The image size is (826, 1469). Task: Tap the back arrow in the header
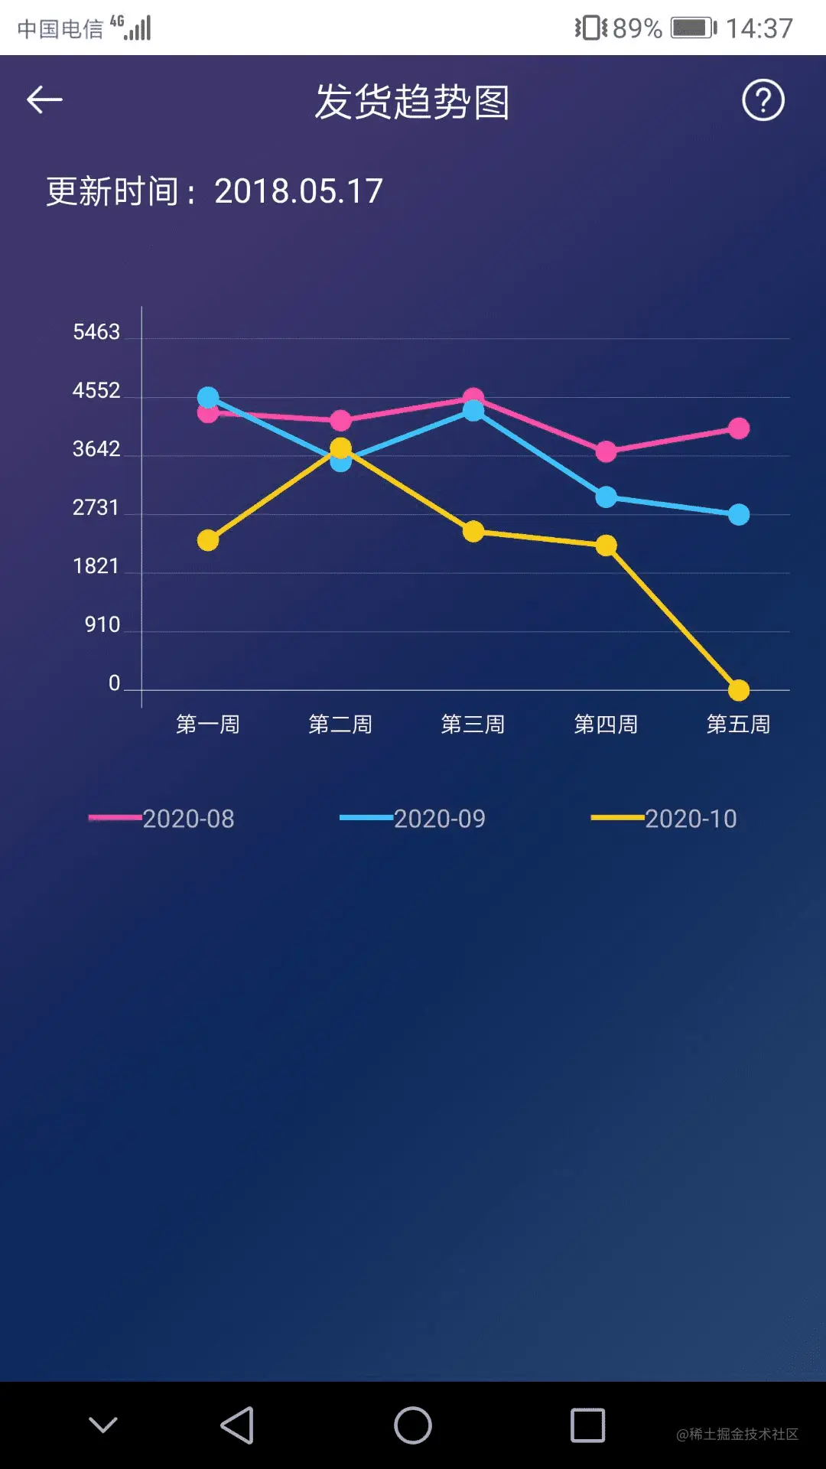[x=44, y=100]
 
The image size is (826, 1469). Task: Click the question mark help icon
[x=763, y=100]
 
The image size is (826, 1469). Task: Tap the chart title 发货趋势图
[x=412, y=102]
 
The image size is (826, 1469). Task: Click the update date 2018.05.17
[x=298, y=191]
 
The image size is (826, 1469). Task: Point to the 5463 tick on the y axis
[x=96, y=332]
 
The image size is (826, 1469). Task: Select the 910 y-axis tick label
[x=102, y=625]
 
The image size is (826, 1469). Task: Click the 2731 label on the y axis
[x=96, y=508]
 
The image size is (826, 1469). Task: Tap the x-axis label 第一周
[x=208, y=724]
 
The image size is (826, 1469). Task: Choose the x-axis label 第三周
[x=473, y=724]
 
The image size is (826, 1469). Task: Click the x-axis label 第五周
[x=738, y=724]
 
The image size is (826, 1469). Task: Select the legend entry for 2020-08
[x=162, y=819]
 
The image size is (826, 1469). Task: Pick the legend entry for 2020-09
[x=413, y=819]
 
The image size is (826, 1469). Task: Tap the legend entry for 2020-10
[x=664, y=819]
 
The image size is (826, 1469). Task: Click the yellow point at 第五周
[x=739, y=690]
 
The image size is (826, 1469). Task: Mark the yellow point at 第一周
[x=208, y=540]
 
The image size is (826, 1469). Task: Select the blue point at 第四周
[x=606, y=497]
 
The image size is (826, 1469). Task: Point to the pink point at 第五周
[x=739, y=428]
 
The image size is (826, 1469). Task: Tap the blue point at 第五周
[x=739, y=515]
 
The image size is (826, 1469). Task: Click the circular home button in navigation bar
[x=413, y=1425]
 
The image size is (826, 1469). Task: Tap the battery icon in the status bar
[x=693, y=28]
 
